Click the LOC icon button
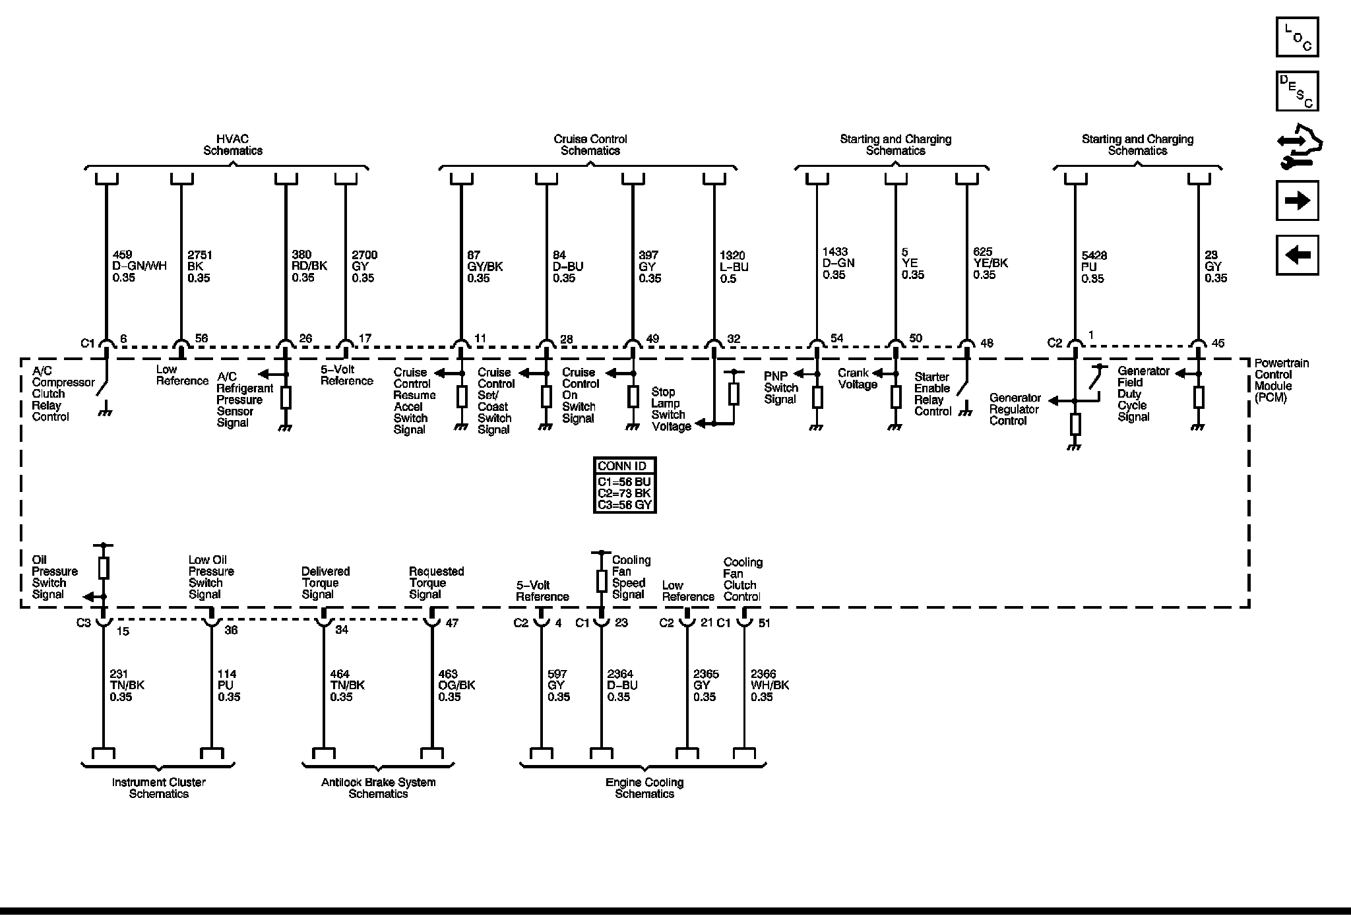coord(1297,37)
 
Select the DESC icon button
coord(1297,91)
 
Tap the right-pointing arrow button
coord(1297,200)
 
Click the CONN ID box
coord(624,485)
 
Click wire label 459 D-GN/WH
coord(139,266)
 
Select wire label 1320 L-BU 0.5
coord(734,267)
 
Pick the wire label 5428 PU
coord(1094,267)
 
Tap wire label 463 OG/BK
coord(456,685)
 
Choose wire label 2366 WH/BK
coord(769,685)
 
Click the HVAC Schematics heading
coord(232,144)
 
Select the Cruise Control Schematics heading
coord(590,144)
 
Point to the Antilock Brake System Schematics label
coord(378,787)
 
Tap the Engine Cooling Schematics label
coord(644,787)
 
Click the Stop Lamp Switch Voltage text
coord(671,409)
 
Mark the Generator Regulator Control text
coord(1015,409)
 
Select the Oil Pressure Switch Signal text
coord(54,577)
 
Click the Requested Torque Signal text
coord(436,582)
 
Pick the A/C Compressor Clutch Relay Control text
coord(62,394)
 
